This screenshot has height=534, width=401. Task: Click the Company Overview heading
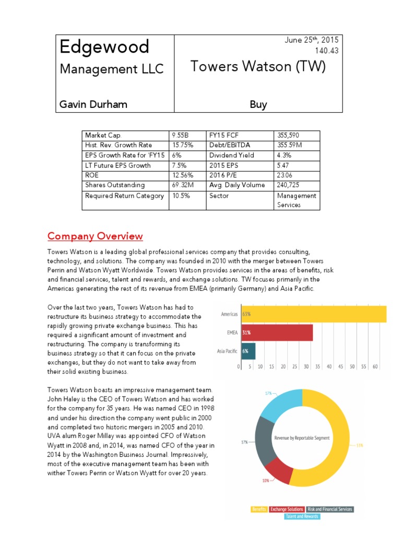pos(95,236)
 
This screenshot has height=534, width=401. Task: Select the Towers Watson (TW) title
pos(258,67)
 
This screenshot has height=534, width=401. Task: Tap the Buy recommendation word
pos(258,104)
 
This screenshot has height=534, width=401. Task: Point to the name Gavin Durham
pos(93,104)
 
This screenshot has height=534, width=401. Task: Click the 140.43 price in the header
pos(327,51)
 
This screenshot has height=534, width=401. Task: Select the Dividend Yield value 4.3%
pos(285,155)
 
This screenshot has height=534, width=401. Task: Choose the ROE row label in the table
pos(92,175)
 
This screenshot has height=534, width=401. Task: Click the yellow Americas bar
pos(313,314)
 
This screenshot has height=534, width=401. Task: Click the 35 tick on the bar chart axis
pos(318,367)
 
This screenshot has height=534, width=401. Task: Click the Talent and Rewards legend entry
pos(302,516)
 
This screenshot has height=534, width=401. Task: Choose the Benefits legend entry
pos(259,509)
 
